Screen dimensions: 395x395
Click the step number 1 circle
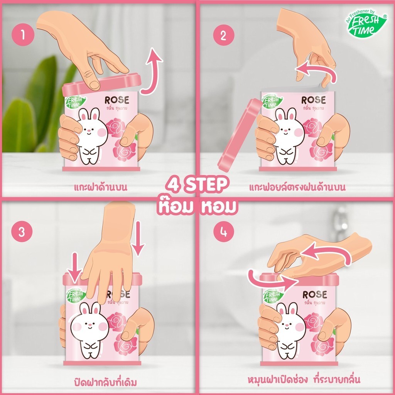(23, 34)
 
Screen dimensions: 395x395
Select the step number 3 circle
(22, 231)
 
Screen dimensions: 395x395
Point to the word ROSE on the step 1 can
(117, 100)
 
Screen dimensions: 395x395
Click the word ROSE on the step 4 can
(315, 294)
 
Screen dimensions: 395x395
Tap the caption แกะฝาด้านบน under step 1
(101, 187)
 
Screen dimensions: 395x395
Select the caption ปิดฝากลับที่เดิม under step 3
(105, 382)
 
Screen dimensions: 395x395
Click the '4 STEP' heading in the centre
(197, 185)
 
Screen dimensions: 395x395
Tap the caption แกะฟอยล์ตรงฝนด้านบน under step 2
(297, 187)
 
